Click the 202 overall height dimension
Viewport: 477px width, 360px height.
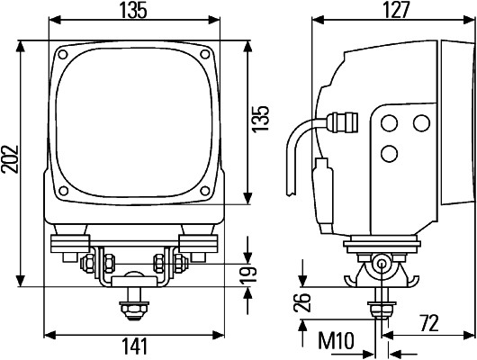10,162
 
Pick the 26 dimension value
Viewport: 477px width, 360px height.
302,304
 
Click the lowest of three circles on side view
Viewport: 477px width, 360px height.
389,153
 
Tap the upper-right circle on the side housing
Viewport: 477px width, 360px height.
419,123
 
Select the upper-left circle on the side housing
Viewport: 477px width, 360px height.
389,123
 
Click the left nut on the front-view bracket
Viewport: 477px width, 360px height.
91,263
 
